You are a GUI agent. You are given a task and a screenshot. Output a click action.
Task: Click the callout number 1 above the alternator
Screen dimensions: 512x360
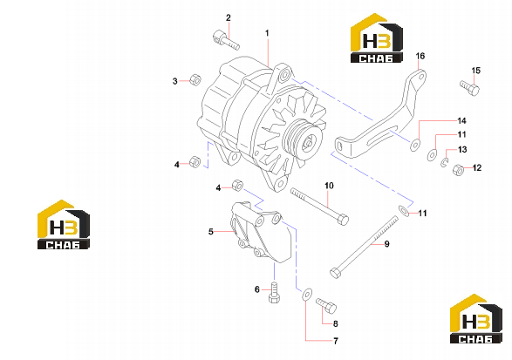coord(267,33)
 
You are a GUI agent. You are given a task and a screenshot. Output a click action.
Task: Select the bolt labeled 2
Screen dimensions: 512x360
coord(226,40)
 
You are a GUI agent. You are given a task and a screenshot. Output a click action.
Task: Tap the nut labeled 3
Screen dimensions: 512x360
coord(195,79)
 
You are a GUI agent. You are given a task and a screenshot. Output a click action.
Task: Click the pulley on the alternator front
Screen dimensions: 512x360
coord(303,137)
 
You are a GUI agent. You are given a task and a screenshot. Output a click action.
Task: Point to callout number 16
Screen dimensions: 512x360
coord(420,56)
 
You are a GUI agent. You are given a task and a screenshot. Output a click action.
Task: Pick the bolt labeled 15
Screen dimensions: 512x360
coord(469,87)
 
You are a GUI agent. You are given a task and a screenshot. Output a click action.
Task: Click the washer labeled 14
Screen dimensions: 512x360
coord(415,145)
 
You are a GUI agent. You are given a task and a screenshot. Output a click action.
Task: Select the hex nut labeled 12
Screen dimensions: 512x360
coord(459,169)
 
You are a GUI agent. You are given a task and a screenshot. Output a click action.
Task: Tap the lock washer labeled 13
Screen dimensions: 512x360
coord(444,162)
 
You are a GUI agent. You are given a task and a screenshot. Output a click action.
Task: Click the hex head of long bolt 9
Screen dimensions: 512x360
coord(336,273)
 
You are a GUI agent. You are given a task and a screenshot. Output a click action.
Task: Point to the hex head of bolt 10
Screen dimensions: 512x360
coord(343,220)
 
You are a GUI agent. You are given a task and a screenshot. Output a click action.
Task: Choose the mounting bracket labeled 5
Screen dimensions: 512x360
coord(262,232)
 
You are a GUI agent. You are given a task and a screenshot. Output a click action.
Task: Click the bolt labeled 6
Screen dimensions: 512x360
coord(274,292)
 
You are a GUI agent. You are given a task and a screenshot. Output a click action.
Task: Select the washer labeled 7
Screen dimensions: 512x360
coord(307,294)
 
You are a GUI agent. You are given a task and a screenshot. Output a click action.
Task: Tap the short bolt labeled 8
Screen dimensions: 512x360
coord(326,306)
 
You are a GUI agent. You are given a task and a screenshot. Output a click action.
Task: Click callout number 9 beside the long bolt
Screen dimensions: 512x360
coord(387,244)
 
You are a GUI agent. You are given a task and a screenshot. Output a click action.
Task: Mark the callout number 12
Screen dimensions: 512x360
coord(477,167)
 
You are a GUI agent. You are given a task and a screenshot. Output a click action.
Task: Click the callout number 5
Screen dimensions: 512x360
coord(210,232)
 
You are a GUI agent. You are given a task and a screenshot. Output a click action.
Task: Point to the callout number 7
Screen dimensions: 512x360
coord(336,341)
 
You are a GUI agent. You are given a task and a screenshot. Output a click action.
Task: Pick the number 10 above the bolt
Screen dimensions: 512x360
coord(329,186)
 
